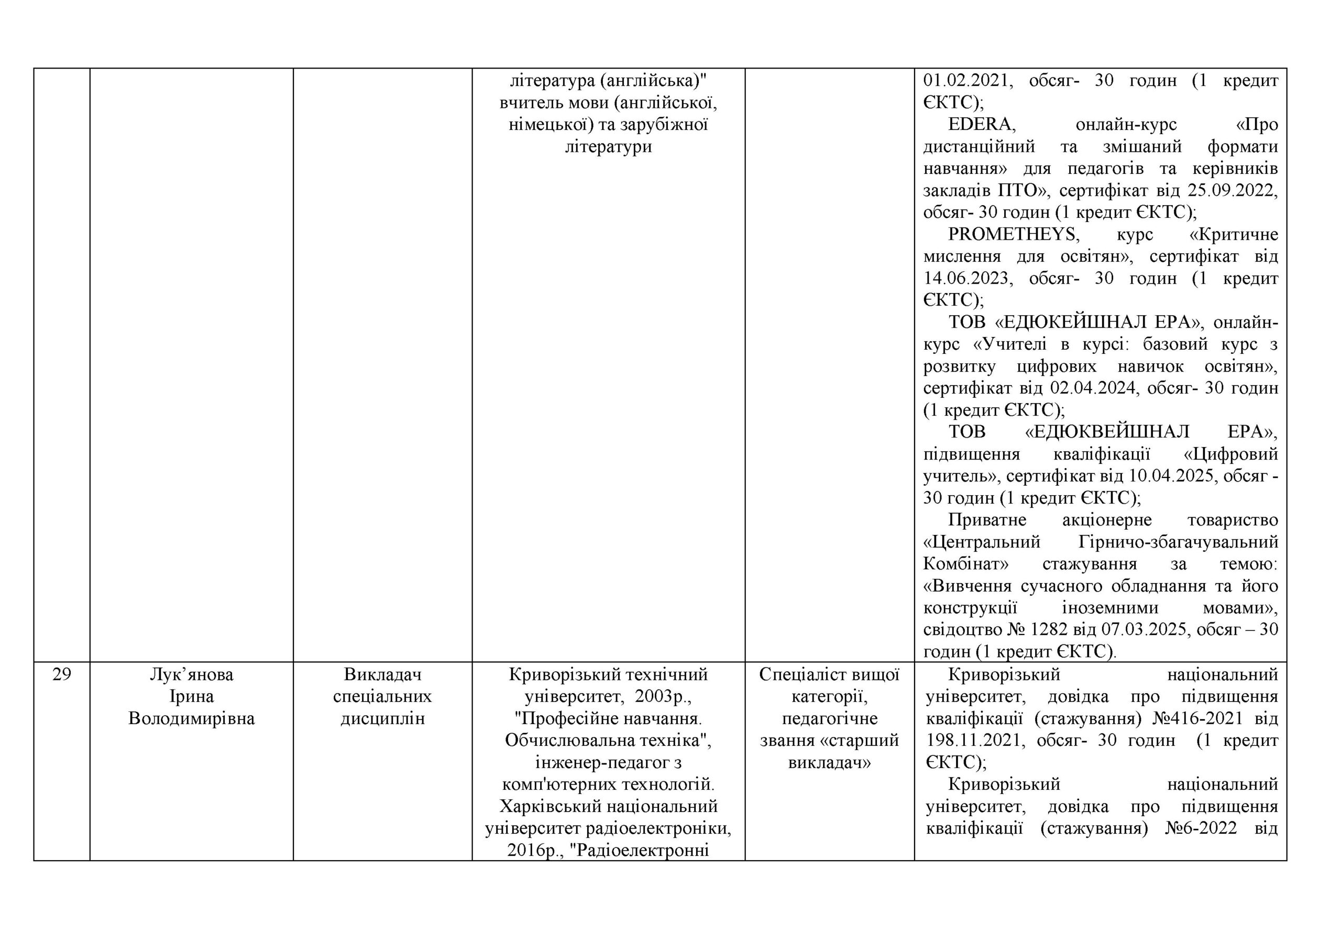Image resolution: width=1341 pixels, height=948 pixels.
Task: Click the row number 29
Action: (61, 675)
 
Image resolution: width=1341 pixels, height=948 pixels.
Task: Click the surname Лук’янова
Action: (192, 675)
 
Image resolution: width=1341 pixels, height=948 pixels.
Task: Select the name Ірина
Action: (192, 696)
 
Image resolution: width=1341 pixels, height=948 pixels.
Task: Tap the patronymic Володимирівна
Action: (192, 719)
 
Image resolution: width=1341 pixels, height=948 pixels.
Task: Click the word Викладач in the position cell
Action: (382, 675)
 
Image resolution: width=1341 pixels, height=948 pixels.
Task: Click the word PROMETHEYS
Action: (1013, 235)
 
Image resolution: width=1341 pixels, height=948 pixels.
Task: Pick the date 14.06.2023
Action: (966, 278)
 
